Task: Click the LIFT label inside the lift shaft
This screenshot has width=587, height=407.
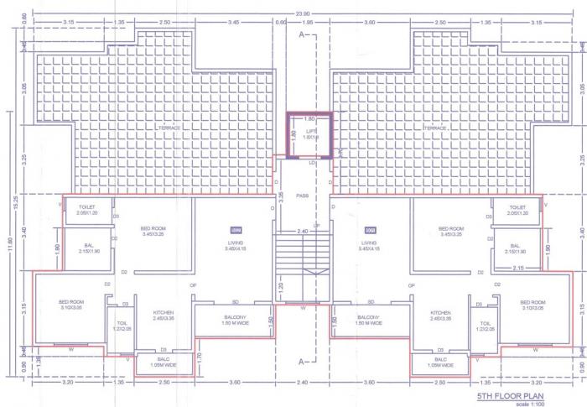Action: click(x=311, y=132)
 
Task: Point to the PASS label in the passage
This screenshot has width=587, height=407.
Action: click(x=303, y=196)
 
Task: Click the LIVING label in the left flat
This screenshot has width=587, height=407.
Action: click(x=236, y=243)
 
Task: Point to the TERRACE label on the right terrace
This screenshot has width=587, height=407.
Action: click(x=457, y=127)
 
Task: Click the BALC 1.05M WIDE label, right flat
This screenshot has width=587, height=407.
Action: click(x=439, y=363)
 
